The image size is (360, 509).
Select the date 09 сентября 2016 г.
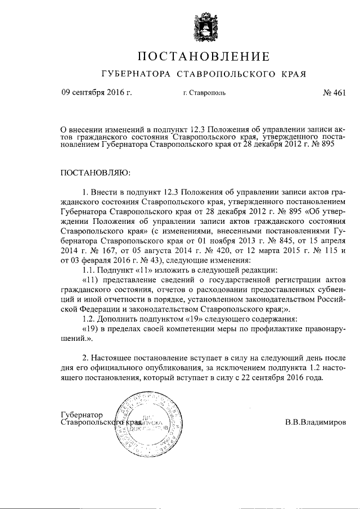click(96, 93)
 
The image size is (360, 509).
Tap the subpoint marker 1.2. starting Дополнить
click(89, 321)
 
